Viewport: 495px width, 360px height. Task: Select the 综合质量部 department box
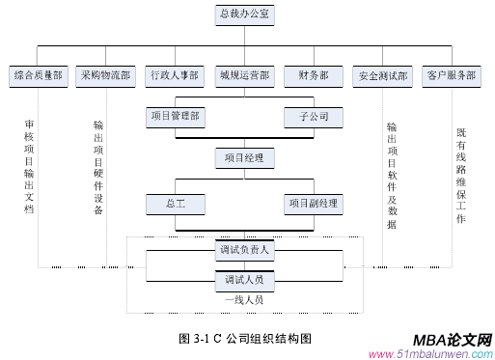tap(38, 74)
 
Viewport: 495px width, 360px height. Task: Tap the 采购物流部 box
tap(105, 74)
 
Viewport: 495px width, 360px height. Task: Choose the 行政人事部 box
tap(175, 74)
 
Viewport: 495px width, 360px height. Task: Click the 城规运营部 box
tap(244, 74)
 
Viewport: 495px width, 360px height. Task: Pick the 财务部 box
tap(314, 74)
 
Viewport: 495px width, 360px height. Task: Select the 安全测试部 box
tap(383, 74)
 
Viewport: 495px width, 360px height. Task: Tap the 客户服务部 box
tap(451, 74)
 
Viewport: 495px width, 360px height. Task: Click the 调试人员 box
tap(244, 281)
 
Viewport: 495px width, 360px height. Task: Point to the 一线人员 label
tap(244, 300)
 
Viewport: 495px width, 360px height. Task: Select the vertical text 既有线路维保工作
tap(460, 177)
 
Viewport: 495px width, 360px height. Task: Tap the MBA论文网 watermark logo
tap(452, 340)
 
